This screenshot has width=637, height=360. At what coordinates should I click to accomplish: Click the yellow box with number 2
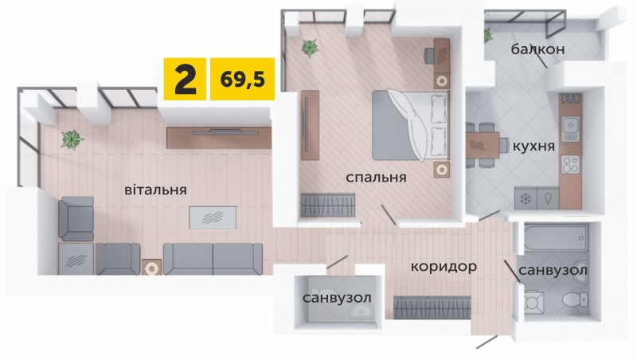click(x=185, y=79)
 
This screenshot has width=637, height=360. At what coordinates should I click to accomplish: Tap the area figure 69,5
click(x=243, y=79)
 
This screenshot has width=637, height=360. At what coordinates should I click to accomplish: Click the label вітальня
click(x=155, y=190)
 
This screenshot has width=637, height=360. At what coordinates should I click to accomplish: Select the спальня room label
click(x=376, y=178)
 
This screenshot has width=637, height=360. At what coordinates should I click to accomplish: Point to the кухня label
click(x=533, y=146)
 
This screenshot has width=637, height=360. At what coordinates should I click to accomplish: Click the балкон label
click(x=538, y=49)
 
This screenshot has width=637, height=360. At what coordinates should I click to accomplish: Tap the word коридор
click(x=444, y=267)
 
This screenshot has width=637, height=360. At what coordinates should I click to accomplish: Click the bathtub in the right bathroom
click(x=556, y=237)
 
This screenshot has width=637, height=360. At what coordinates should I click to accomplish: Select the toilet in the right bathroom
click(x=575, y=299)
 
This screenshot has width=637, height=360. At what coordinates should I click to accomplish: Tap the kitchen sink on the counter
click(x=570, y=128)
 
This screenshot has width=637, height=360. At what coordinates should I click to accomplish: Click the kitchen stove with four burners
click(x=570, y=164)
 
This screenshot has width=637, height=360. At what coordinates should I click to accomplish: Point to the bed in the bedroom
click(x=410, y=125)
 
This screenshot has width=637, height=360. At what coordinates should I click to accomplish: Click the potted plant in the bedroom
click(x=310, y=48)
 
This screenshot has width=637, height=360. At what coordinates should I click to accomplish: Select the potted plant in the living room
click(x=72, y=139)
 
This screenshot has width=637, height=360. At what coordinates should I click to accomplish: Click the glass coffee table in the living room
click(x=213, y=217)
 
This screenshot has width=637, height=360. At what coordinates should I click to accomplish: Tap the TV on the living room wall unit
click(x=225, y=131)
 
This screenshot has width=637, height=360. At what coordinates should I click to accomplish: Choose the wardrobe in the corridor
click(x=432, y=307)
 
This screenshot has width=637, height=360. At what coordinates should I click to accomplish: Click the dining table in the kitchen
click(x=483, y=145)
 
